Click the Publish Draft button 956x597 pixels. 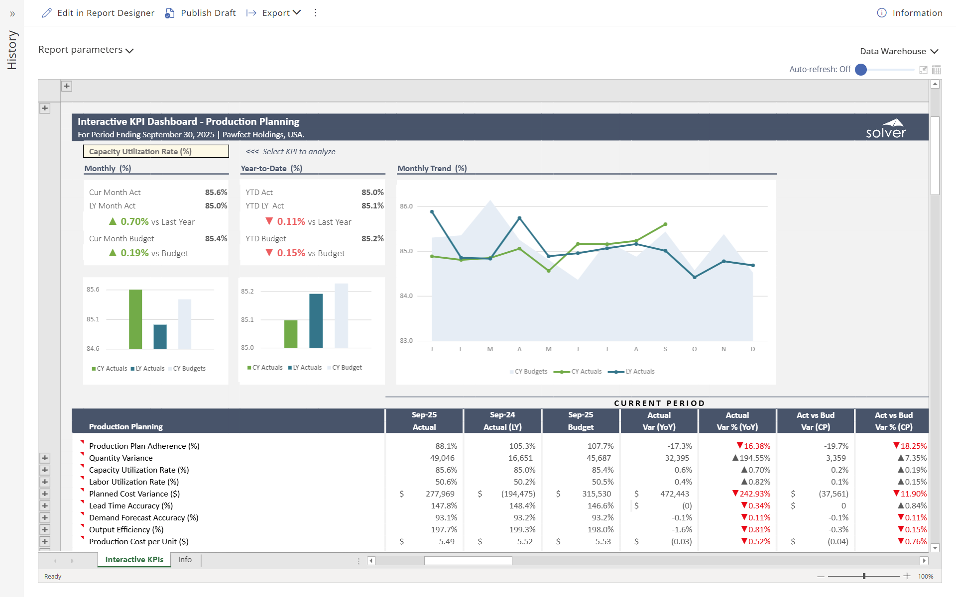pos(201,13)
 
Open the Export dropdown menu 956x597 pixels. pos(274,13)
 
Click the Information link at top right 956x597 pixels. pos(910,13)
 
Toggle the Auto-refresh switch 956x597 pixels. pos(861,70)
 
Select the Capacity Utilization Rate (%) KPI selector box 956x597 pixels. pos(156,151)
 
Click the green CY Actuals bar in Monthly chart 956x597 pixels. pos(135,319)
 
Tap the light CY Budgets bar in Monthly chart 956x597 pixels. pos(185,324)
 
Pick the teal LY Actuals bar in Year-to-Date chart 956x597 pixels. pos(316,321)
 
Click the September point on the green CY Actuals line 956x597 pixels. pos(665,224)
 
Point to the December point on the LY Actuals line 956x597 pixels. pos(753,265)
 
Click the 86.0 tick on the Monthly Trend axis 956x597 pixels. pos(406,206)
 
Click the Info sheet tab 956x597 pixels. pos(185,560)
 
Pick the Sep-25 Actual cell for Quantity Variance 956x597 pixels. pos(442,458)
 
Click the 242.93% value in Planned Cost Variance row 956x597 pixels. pos(754,494)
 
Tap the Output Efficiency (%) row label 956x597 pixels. pos(126,529)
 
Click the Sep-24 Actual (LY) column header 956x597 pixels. pos(502,421)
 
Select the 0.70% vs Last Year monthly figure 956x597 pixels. pos(134,222)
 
